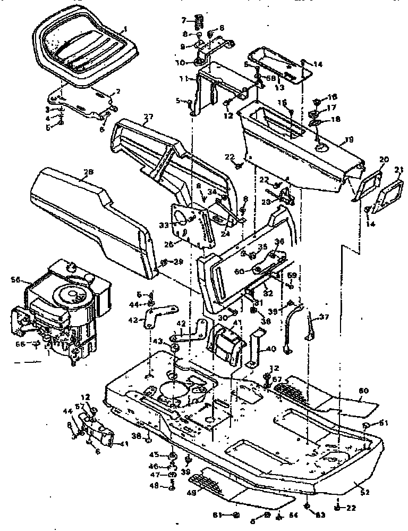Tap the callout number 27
(148, 117)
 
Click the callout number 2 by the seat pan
(118, 92)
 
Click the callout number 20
(384, 159)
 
